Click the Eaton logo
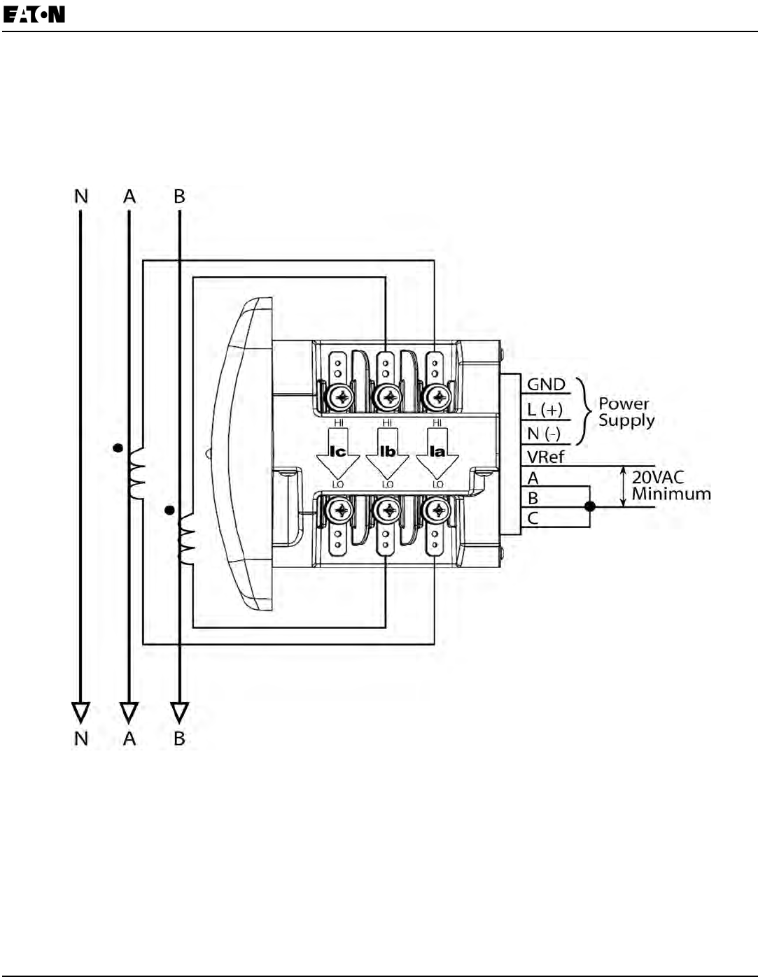34,15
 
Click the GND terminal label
546,385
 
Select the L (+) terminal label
545,410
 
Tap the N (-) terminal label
544,434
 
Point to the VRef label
545,457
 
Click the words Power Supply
626,412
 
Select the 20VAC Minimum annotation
671,485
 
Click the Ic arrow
338,453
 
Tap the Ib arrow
387,453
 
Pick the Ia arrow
437,453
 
